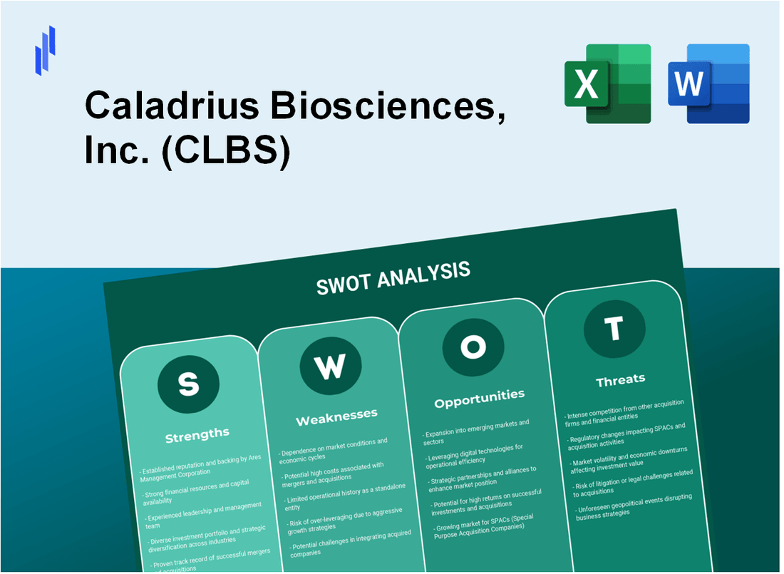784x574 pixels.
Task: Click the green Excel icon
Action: coord(607,83)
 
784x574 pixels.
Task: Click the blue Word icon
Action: coord(708,83)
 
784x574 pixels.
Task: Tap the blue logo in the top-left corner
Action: coord(45,50)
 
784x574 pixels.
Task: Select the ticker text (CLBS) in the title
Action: coord(227,153)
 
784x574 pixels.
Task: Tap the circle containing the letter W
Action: coord(330,366)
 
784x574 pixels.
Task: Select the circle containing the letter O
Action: coord(473,347)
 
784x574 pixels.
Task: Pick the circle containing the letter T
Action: coord(614,329)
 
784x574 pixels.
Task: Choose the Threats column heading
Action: coord(620,380)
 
